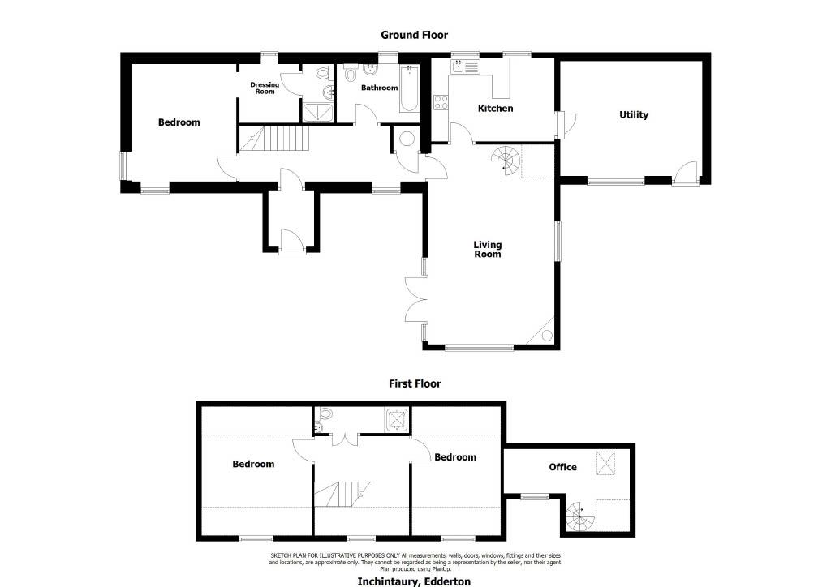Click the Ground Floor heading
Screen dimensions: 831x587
click(414, 35)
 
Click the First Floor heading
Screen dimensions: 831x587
click(415, 383)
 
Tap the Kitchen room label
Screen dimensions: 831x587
click(496, 108)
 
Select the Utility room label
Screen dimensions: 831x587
click(633, 115)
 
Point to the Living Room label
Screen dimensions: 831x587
click(488, 249)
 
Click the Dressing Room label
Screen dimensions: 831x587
click(265, 88)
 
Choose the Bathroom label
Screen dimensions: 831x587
click(380, 88)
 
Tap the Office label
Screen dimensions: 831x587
click(563, 467)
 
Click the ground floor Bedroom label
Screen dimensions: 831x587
click(179, 122)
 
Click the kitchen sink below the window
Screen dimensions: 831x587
click(465, 66)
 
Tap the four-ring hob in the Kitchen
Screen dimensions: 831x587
click(441, 102)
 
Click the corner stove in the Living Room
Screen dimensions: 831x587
click(545, 332)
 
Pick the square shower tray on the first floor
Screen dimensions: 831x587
click(397, 418)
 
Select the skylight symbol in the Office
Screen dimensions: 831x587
click(606, 463)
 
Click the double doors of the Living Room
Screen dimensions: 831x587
click(416, 299)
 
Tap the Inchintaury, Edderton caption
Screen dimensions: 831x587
click(414, 581)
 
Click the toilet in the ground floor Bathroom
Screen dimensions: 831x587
click(351, 74)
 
